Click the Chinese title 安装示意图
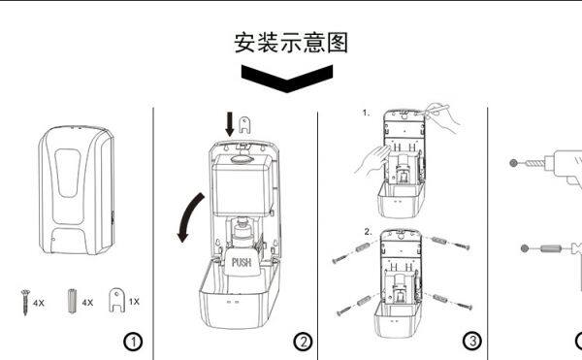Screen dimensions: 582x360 [x=291, y=43]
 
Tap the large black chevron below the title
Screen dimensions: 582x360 [x=287, y=78]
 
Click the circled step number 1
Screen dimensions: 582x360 [x=133, y=342]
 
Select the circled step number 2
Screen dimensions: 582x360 [x=303, y=342]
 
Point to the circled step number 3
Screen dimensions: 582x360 [x=472, y=341]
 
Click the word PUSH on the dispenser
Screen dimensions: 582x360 [x=242, y=262]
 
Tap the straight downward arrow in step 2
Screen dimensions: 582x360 [x=230, y=124]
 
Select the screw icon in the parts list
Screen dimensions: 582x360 [x=25, y=303]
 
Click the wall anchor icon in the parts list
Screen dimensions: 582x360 [x=72, y=302]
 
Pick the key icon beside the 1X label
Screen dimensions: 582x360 [x=117, y=301]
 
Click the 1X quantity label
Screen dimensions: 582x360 [x=134, y=302]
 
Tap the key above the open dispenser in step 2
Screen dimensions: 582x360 [x=244, y=125]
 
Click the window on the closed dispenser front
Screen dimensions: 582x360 [x=68, y=173]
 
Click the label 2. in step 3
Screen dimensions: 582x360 [x=368, y=232]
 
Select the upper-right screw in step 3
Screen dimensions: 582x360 [x=461, y=245]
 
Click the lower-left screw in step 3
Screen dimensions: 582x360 [x=344, y=311]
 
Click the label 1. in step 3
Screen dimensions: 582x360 [x=366, y=113]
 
